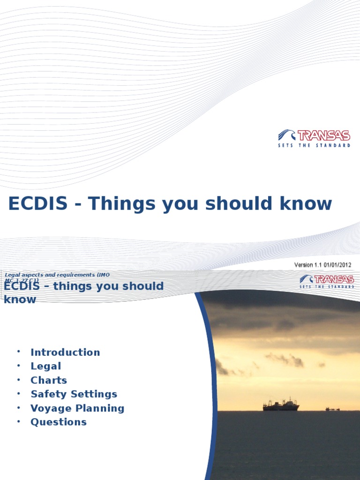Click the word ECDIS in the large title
coord(38,204)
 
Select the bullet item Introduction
coord(65,352)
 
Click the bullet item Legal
coord(46,366)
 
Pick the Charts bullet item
coord(49,380)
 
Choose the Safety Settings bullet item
coord(74,394)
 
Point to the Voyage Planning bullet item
coord(77,408)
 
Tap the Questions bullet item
coord(59,422)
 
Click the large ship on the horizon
coord(281,405)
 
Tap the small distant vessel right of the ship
coord(332,409)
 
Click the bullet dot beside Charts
coord(18,380)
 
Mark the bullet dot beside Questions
coord(18,422)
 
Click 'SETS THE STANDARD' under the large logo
coord(314,146)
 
